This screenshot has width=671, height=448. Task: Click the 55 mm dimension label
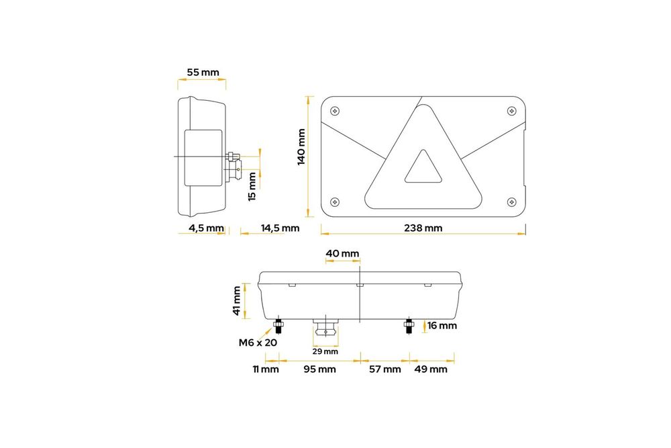click(x=203, y=73)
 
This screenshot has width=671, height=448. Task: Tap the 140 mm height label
click(x=301, y=147)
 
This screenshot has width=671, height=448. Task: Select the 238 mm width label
click(x=423, y=228)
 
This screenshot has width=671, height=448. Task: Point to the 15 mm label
click(x=252, y=186)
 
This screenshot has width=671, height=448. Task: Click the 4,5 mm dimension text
click(x=206, y=228)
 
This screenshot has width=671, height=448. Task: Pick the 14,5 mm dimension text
click(x=280, y=228)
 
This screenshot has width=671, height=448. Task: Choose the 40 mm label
click(x=342, y=253)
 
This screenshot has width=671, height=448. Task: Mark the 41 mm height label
click(x=237, y=301)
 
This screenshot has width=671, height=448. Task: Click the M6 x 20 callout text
click(x=258, y=342)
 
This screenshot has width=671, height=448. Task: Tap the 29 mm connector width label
click(x=325, y=352)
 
